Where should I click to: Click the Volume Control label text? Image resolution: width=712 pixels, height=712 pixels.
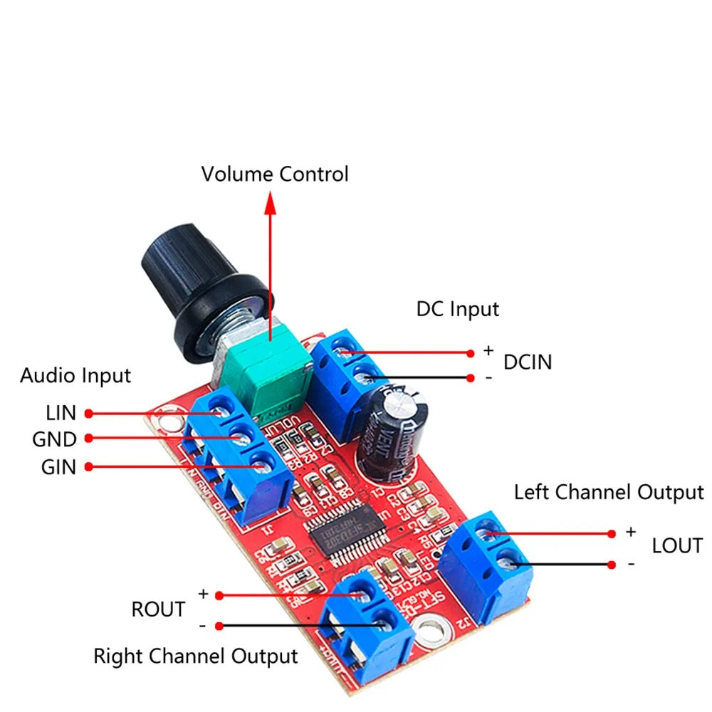click(275, 174)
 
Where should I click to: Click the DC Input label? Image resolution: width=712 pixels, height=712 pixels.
click(458, 308)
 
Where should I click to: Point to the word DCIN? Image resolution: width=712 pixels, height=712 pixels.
click(528, 362)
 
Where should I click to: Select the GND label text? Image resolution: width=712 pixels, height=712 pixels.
click(54, 439)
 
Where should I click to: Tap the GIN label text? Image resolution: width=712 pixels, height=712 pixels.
click(58, 467)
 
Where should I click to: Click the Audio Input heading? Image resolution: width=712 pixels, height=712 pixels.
click(75, 375)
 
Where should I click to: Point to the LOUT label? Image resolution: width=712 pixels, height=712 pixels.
click(677, 546)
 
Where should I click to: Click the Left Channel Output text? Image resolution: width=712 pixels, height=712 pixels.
click(609, 492)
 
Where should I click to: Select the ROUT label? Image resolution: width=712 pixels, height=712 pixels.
click(158, 609)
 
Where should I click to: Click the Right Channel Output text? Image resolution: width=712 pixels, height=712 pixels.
click(196, 656)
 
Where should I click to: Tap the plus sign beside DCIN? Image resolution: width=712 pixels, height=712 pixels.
click(488, 350)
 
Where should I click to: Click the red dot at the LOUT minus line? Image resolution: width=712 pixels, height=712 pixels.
click(612, 565)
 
